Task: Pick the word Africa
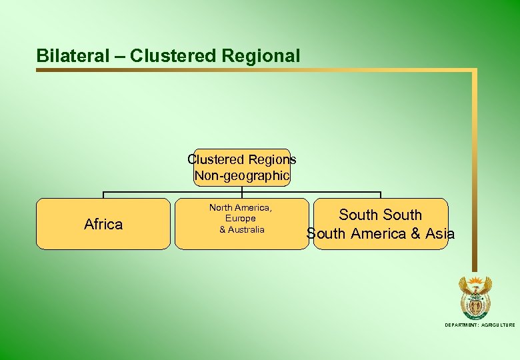pyautogui.click(x=103, y=225)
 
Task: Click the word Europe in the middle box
pyautogui.click(x=240, y=219)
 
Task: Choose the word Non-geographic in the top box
pyautogui.click(x=242, y=176)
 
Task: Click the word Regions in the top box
pyautogui.click(x=272, y=160)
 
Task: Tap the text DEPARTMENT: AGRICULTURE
pyautogui.click(x=480, y=325)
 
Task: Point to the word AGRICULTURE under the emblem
pyautogui.click(x=495, y=325)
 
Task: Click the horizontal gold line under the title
pyautogui.click(x=253, y=69)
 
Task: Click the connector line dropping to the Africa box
pyautogui.click(x=103, y=195)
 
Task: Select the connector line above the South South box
pyautogui.click(x=381, y=195)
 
